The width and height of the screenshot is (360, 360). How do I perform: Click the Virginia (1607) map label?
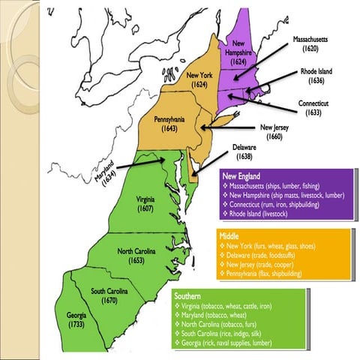pos(145,204)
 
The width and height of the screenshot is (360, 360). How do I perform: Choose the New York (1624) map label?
pos(199,79)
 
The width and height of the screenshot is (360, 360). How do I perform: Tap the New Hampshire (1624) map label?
pos(238,52)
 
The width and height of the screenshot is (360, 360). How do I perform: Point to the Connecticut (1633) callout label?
pos(323,107)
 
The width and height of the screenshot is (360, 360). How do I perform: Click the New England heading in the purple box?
pos(235,175)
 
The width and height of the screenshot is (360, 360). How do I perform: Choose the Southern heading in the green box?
pos(187,296)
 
